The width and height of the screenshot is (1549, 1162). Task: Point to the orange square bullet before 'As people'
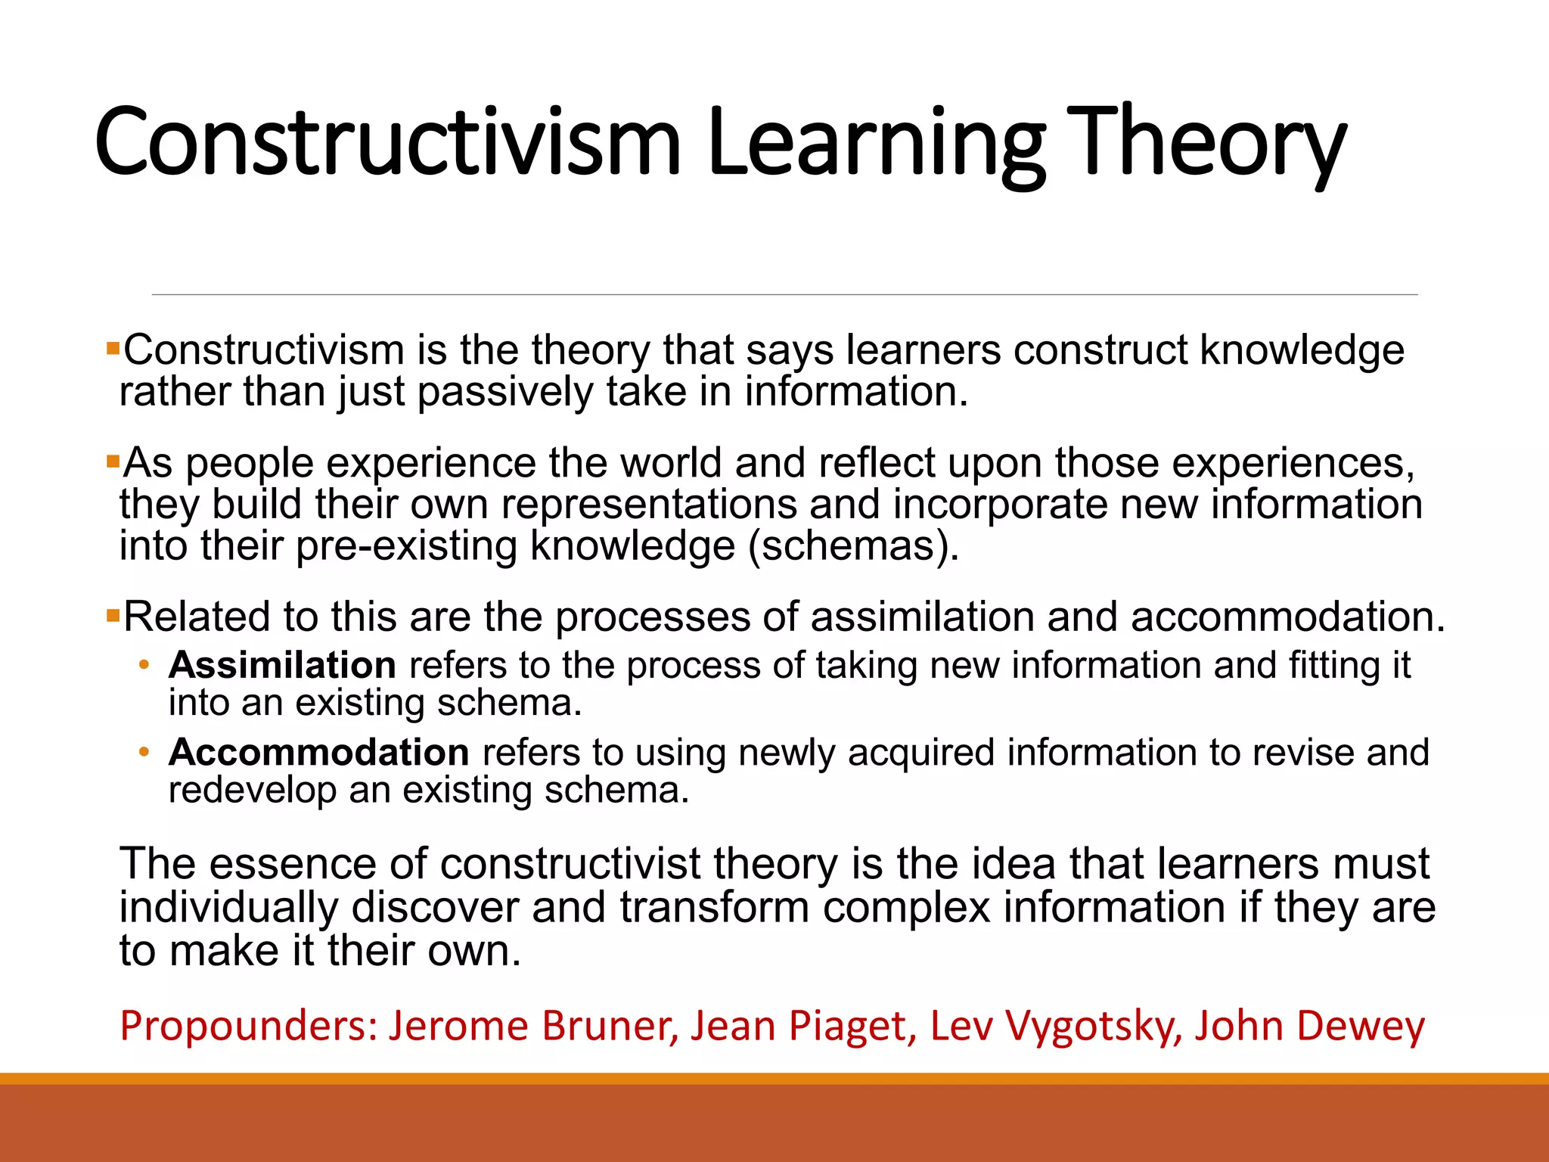tap(113, 461)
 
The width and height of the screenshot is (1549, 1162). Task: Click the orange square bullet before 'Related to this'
tap(113, 615)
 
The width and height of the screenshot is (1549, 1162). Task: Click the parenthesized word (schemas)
tap(853, 546)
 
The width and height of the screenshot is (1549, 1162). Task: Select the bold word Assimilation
tap(282, 666)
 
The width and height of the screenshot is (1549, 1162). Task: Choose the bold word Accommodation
tap(319, 753)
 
